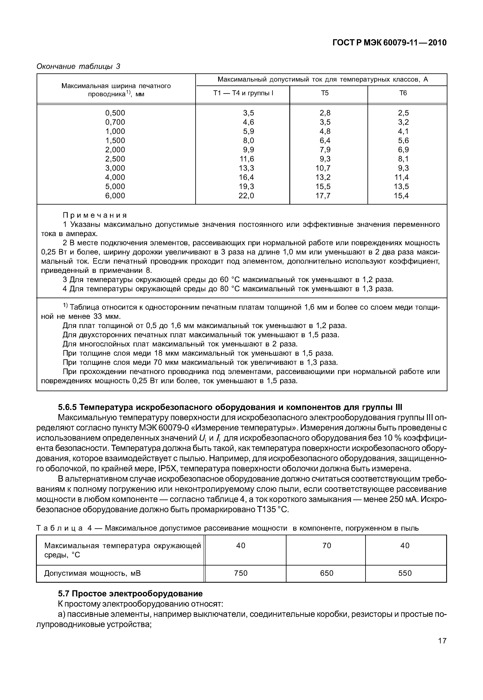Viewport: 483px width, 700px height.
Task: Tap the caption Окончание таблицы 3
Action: [x=78, y=66]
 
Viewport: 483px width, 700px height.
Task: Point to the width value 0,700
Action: [x=115, y=122]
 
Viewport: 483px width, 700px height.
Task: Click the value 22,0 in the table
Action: [x=246, y=196]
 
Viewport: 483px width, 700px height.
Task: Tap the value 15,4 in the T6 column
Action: [x=401, y=196]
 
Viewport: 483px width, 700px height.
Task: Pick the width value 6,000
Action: [x=115, y=196]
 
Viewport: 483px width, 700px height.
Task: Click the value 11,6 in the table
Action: [x=246, y=159]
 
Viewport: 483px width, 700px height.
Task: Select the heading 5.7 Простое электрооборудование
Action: [x=130, y=594]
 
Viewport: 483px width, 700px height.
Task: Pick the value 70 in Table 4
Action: [x=327, y=545]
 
